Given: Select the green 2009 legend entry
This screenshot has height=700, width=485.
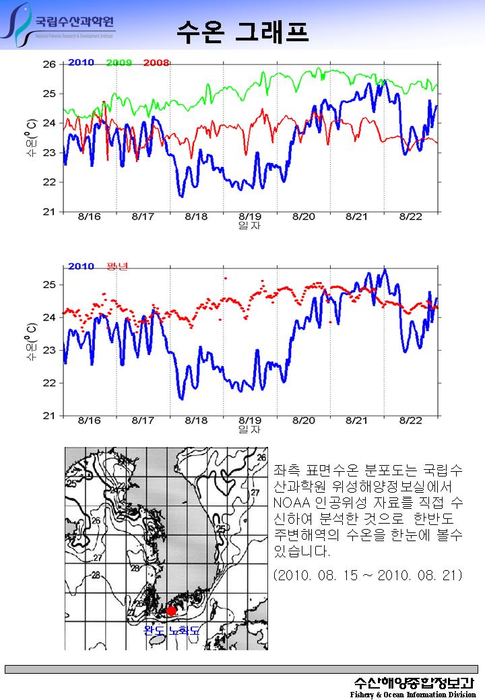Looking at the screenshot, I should tap(119, 63).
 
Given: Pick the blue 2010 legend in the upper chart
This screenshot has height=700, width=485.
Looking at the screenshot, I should tap(81, 63).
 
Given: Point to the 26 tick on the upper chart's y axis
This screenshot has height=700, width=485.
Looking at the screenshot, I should tap(49, 65).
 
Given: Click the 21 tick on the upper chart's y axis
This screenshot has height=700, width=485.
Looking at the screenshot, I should tap(49, 211).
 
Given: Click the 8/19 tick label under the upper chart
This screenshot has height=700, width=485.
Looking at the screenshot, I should tap(250, 217).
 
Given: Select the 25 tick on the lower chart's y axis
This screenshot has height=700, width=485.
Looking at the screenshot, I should tap(49, 285).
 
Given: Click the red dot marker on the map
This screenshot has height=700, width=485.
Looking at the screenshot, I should tap(171, 610).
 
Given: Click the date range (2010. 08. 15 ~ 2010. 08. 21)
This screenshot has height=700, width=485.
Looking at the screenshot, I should tap(367, 576).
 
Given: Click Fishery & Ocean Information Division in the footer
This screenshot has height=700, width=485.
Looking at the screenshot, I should tap(412, 694).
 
